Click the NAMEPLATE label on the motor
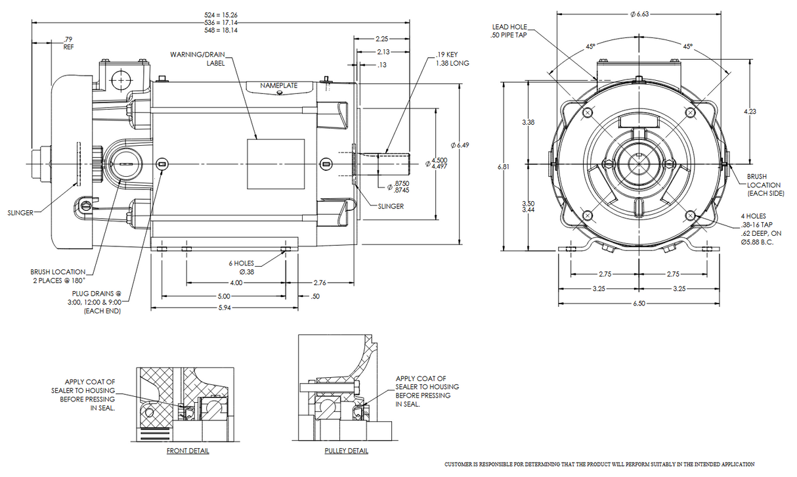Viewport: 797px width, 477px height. [278, 86]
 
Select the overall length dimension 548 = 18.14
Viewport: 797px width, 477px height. [221, 30]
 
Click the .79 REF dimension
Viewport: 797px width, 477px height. [68, 43]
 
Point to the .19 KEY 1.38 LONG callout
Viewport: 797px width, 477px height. [452, 59]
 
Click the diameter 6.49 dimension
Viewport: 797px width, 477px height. [460, 145]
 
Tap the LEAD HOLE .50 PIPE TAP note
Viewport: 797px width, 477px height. [509, 31]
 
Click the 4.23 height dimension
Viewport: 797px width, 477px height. [750, 111]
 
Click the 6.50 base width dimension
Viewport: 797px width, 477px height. [638, 304]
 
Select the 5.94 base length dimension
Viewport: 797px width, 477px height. [225, 307]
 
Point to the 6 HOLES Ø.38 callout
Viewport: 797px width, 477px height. [242, 267]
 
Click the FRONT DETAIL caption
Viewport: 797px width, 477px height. [188, 451]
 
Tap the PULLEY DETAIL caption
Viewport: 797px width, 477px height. [346, 451]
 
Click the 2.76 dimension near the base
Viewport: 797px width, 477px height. [320, 283]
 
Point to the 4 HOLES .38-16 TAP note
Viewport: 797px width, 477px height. [762, 229]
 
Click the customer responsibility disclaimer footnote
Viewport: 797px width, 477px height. [599, 465]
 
